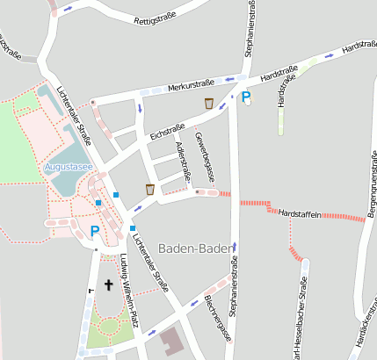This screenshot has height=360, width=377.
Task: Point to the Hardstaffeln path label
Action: [x=300, y=213]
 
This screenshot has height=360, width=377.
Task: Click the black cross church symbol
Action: [x=109, y=284]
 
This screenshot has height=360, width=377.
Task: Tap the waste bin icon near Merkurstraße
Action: [x=208, y=104]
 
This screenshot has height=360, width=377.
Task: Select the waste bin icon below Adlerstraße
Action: [x=150, y=189]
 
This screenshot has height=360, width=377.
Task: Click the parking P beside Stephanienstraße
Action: [x=246, y=97]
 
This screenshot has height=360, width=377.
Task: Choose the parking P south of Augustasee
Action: [x=95, y=232]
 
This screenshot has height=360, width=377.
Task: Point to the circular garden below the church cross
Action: [x=109, y=328]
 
